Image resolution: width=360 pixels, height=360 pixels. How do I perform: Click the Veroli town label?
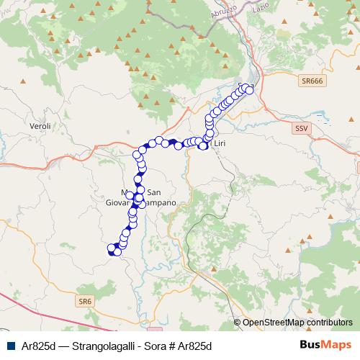click(40, 126)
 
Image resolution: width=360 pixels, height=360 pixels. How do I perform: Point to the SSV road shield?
click(300, 127)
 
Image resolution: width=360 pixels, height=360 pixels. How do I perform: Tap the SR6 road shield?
click(86, 300)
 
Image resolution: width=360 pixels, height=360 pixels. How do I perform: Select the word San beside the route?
click(153, 192)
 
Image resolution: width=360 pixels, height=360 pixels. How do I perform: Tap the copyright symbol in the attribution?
click(238, 322)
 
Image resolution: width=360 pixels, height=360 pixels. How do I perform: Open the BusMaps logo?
click(325, 344)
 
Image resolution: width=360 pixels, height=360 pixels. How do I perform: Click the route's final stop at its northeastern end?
click(250, 88)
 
